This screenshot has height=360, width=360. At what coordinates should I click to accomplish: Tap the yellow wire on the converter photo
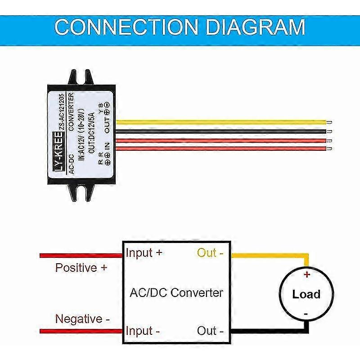tap(220, 122)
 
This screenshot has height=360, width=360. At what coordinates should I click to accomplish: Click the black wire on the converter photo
tap(220, 131)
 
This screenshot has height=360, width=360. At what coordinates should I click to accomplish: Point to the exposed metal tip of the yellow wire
tap(330, 122)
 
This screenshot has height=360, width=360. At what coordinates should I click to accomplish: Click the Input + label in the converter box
tap(144, 253)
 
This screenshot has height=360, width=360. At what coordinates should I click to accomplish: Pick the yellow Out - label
tap(210, 253)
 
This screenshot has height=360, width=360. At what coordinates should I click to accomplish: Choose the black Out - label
tap(210, 331)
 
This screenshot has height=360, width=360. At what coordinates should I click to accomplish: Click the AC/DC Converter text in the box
tap(176, 293)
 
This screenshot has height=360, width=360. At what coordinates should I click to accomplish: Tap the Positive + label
tap(81, 268)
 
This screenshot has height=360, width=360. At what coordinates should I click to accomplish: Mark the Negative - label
tap(82, 319)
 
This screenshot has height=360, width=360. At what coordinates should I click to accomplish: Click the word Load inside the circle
tap(306, 295)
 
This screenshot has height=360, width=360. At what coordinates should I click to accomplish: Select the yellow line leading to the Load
tap(270, 255)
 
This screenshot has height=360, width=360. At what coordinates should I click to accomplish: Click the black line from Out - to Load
tap(270, 332)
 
